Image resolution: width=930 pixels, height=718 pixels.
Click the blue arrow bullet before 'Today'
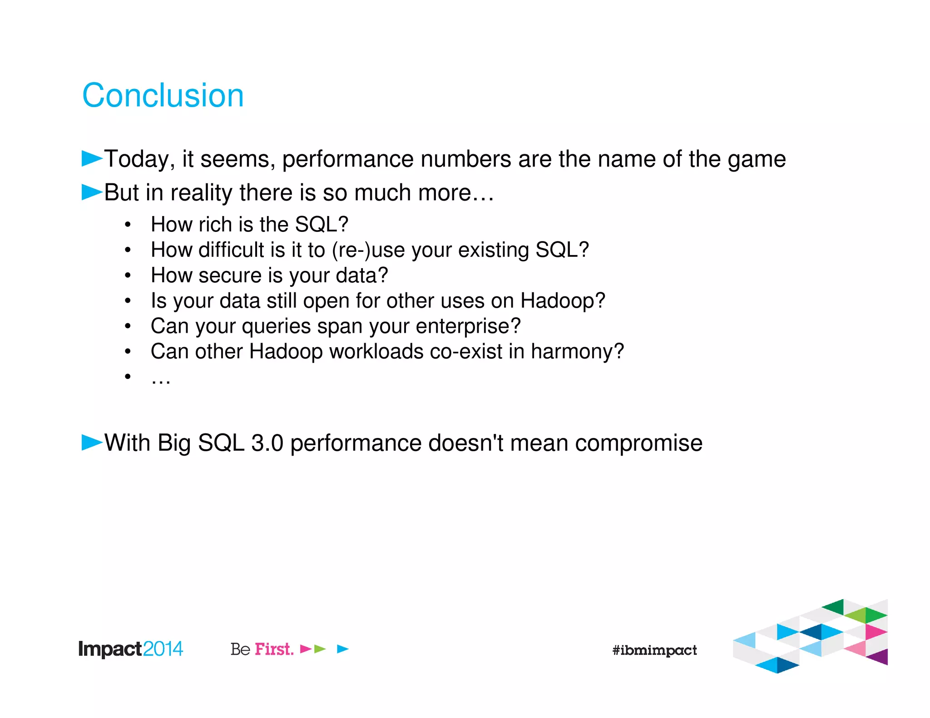[x=92, y=158]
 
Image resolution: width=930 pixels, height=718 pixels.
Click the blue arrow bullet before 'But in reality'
[x=92, y=192]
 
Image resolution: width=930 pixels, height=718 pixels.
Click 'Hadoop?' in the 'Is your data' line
[x=563, y=301]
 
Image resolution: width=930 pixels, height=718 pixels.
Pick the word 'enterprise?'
[x=468, y=326]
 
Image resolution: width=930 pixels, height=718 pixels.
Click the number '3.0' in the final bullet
[x=267, y=443]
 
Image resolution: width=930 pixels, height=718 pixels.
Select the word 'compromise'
[x=638, y=443]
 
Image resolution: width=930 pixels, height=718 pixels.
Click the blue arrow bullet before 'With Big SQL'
[x=92, y=442]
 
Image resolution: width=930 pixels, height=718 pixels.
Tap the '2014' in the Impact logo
[x=163, y=649]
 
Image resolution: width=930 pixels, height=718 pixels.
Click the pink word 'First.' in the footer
[x=274, y=649]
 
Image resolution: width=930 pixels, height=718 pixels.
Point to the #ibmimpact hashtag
[x=654, y=650]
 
